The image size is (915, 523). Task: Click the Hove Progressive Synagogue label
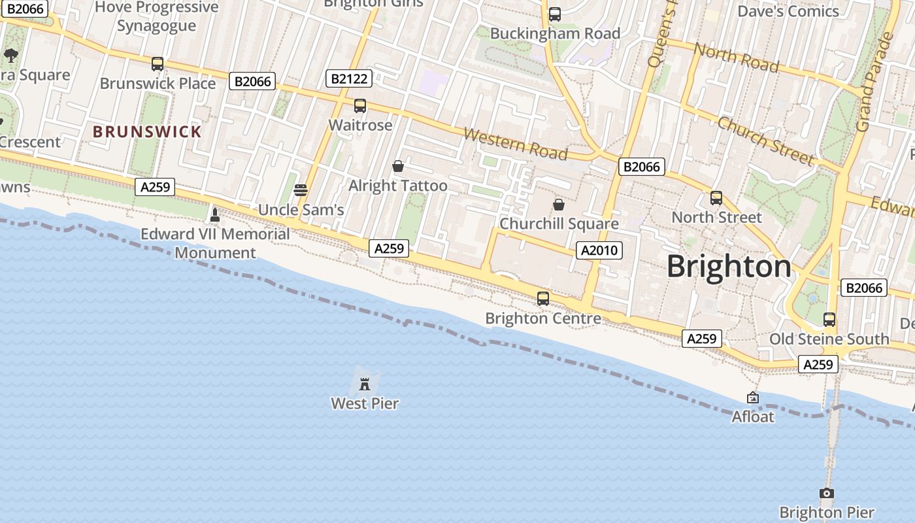click(157, 16)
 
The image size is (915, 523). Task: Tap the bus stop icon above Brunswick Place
click(158, 64)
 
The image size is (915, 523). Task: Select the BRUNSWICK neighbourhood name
click(147, 131)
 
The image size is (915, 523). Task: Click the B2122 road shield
click(349, 79)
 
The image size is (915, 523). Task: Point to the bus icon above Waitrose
click(359, 106)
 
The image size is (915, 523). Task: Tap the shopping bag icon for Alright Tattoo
click(397, 167)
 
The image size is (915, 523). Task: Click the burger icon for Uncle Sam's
click(301, 190)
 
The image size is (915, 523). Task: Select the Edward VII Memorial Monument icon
click(214, 214)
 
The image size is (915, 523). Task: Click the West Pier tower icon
click(365, 382)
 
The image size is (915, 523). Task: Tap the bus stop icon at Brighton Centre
click(542, 299)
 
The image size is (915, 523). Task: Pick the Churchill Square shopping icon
click(558, 205)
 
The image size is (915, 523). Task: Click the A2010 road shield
click(599, 250)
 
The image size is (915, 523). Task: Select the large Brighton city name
click(729, 267)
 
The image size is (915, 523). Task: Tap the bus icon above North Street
click(716, 198)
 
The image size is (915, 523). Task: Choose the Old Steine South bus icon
click(829, 320)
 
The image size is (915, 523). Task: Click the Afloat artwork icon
click(753, 397)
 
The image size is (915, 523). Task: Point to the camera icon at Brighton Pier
click(827, 494)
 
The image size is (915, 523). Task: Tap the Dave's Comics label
click(788, 11)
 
